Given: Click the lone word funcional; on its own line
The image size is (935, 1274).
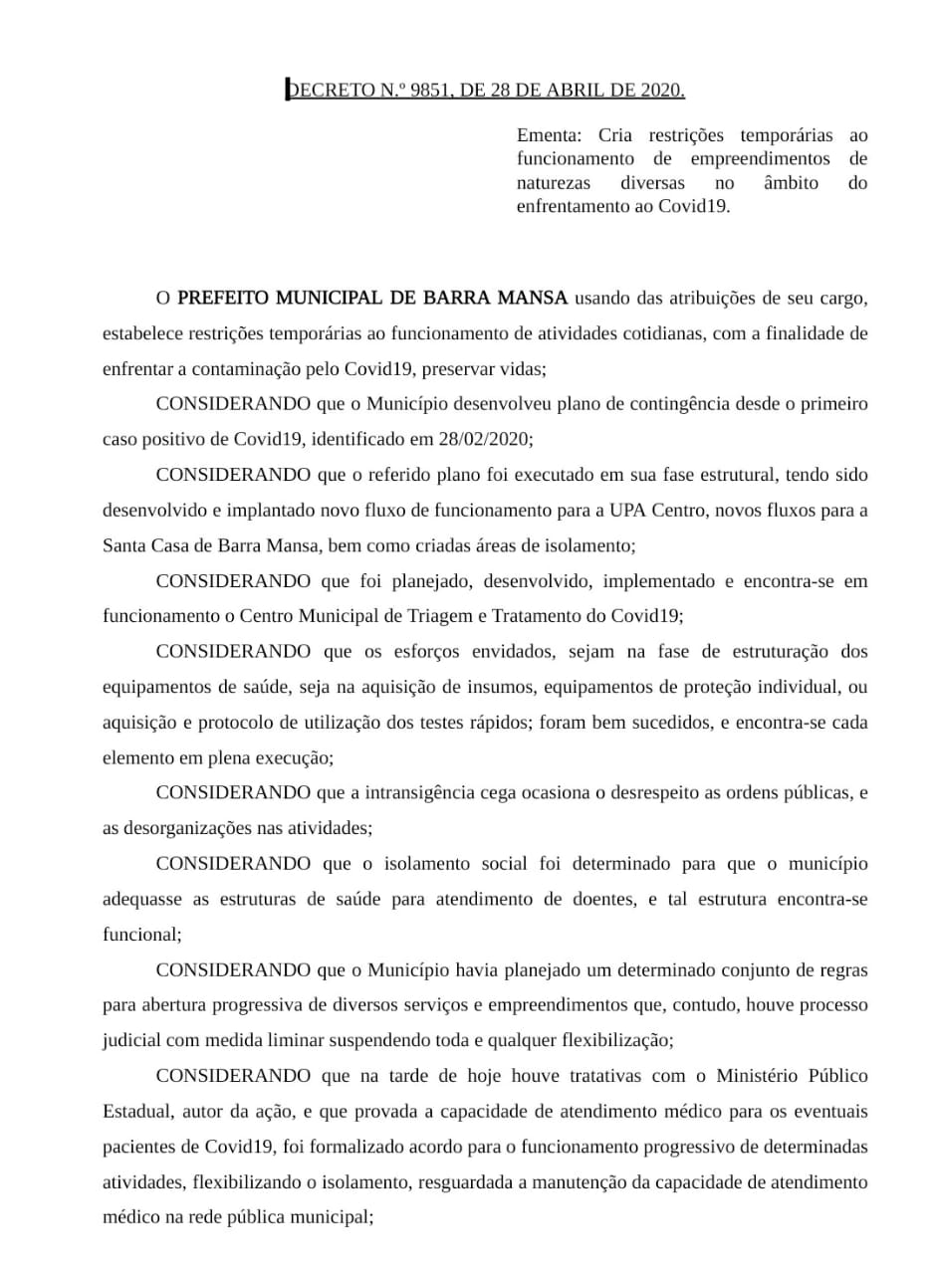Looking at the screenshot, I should tap(141, 935).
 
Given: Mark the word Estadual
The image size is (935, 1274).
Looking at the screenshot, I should tap(137, 1112).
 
